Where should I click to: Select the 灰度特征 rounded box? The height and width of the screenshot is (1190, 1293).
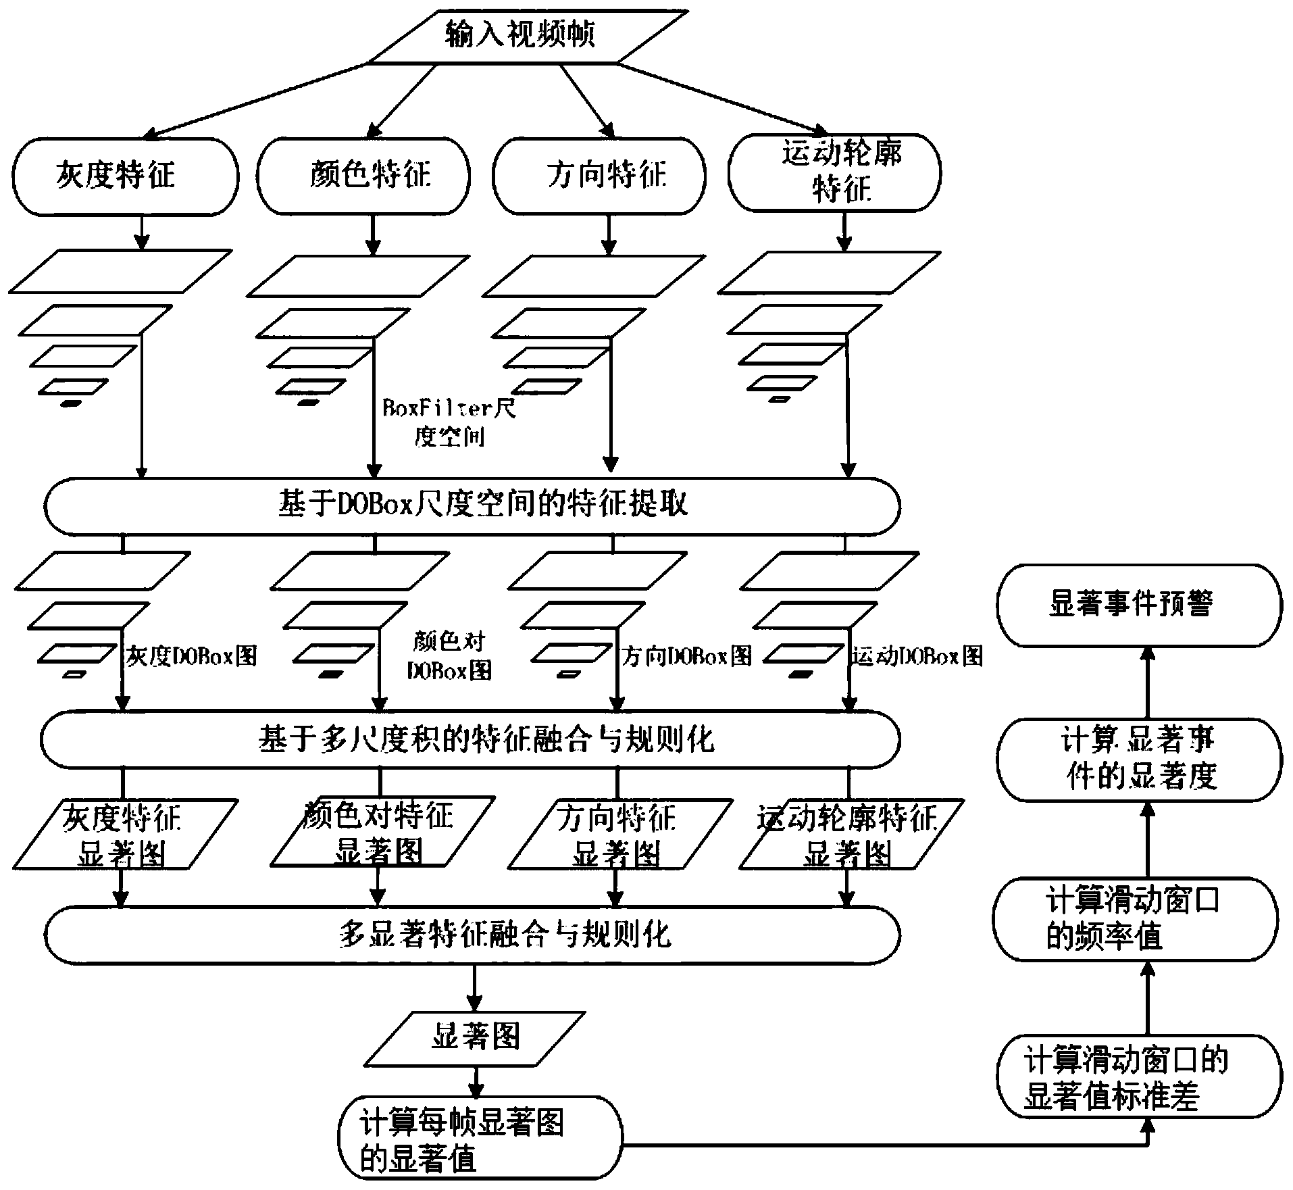125,176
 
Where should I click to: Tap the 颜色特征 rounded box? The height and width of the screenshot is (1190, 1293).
363,176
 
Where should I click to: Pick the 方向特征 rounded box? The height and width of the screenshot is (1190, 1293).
600,176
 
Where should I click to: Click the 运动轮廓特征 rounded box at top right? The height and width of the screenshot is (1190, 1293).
834,172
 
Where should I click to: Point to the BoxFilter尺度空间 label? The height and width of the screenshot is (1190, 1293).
449,422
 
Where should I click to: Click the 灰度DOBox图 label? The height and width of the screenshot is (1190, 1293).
192,655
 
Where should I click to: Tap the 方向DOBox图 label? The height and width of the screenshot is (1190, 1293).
686,655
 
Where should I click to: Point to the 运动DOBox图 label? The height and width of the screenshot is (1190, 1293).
917,655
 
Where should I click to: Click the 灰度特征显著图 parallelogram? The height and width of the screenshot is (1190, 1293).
125,834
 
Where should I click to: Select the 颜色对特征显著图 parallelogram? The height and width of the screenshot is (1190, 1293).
382,833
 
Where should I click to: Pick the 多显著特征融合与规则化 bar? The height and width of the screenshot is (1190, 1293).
473,935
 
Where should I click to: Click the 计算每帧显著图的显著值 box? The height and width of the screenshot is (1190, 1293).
480,1137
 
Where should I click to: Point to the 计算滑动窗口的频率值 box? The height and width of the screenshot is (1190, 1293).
1135,919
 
